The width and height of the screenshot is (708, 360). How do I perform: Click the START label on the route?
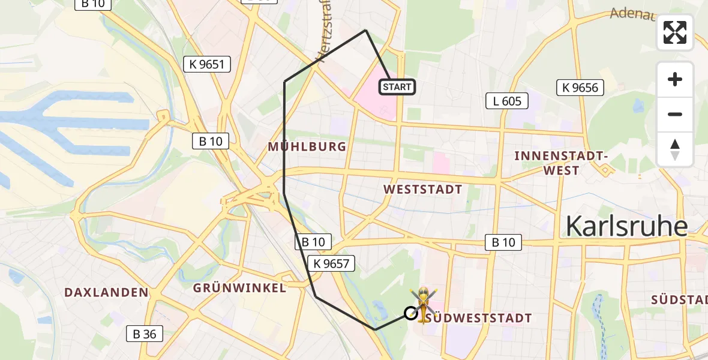[x=397, y=87]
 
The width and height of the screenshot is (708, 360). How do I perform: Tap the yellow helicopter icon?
[x=424, y=304]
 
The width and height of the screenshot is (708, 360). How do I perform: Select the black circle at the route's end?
[x=410, y=313]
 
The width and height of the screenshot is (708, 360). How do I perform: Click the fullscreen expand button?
[x=675, y=32]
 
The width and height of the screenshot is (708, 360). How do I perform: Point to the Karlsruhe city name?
[x=626, y=226]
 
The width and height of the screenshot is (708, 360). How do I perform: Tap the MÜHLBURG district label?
[x=307, y=146]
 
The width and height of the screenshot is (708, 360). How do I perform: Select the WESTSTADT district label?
[x=423, y=190]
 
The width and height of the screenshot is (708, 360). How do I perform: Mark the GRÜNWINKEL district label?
[x=239, y=288]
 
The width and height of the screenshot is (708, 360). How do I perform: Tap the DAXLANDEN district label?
[x=106, y=292]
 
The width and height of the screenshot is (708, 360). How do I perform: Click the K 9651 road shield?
[x=206, y=64]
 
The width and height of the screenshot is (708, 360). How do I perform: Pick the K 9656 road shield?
[x=580, y=88]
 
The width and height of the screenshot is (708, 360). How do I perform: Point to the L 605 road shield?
[x=507, y=101]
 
